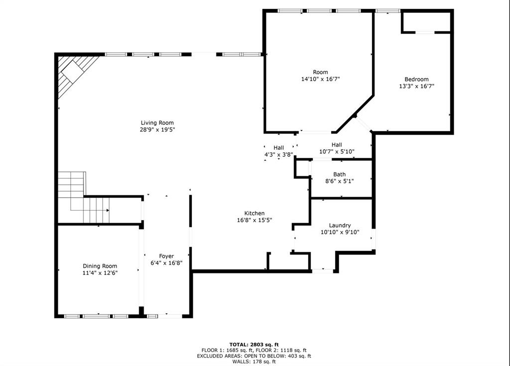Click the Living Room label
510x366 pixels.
coord(157,122)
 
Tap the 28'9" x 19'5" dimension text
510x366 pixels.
coord(157,129)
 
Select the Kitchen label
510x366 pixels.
coord(254,213)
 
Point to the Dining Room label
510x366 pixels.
coord(100,266)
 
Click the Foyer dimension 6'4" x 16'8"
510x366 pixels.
coord(166,263)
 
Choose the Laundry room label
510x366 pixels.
coord(340,225)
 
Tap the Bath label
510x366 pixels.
coord(340,174)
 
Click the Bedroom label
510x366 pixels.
coord(416,79)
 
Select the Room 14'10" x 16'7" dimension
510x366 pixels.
coord(321,79)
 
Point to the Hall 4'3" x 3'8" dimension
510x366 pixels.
coord(278,155)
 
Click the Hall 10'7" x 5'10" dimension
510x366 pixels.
coord(337,151)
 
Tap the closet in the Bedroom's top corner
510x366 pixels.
coord(426,21)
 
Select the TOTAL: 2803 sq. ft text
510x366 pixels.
coord(254,344)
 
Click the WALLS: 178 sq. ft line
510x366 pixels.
coord(254,362)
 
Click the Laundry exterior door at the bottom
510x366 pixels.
coord(323,271)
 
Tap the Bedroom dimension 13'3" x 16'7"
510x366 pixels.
coord(416,86)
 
